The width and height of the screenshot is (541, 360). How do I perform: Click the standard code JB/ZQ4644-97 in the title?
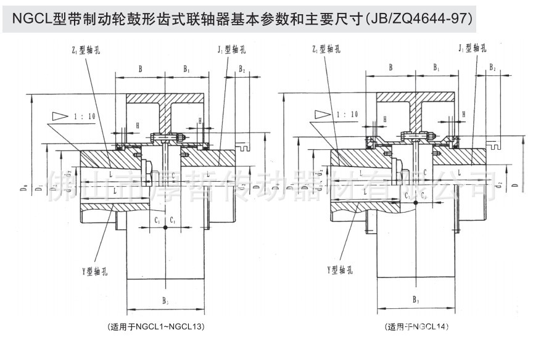pyautogui.click(x=419, y=18)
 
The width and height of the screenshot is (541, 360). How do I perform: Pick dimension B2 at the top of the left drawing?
pyautogui.click(x=242, y=70)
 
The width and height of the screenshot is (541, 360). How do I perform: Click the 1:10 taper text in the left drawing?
pyautogui.click(x=86, y=115)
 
